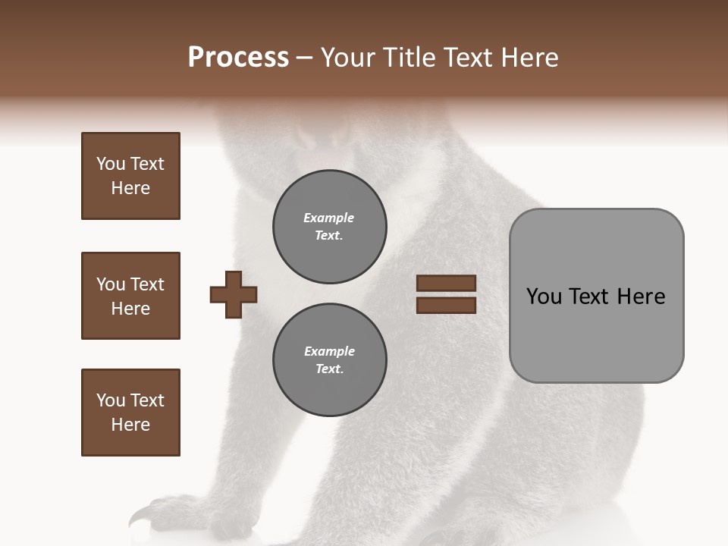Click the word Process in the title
click(238, 58)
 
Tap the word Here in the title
click(529, 58)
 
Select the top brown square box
click(130, 176)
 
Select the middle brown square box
click(130, 296)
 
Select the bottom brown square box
click(130, 413)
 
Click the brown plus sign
click(234, 294)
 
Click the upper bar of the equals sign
click(446, 284)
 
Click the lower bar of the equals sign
click(446, 306)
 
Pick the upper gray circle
click(329, 227)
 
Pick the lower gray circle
click(329, 360)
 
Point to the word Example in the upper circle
click(328, 218)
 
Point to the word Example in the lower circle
click(329, 352)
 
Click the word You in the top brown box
click(109, 164)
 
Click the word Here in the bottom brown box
click(130, 425)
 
